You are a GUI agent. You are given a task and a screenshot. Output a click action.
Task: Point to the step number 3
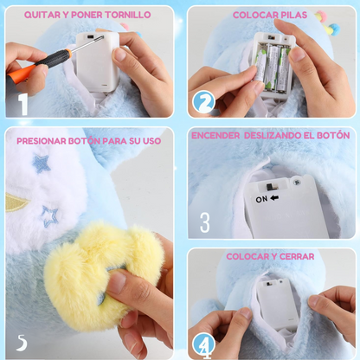(204, 222)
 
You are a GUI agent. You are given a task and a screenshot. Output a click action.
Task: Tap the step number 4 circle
(204, 344)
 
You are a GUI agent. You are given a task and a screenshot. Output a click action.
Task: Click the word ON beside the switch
(261, 198)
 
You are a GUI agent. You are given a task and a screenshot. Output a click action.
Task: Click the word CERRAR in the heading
(296, 256)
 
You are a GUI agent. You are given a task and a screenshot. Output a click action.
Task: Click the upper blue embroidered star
(41, 163)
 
